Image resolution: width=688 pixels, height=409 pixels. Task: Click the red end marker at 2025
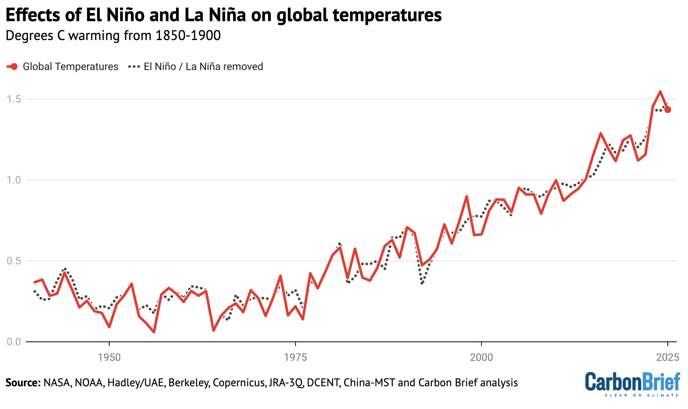(x=668, y=110)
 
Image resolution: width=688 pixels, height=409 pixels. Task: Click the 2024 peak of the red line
(x=660, y=92)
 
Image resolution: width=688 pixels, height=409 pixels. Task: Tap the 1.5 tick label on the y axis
(x=14, y=99)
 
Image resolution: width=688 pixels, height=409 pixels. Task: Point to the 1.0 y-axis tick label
(x=14, y=180)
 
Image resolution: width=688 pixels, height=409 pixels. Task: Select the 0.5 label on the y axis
(x=14, y=261)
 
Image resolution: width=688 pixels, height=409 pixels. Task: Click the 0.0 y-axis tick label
(x=14, y=342)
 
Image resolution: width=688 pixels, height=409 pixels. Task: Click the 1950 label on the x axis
(x=109, y=357)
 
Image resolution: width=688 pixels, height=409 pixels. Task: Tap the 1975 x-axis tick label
(x=295, y=357)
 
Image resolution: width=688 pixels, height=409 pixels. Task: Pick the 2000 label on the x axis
(x=482, y=357)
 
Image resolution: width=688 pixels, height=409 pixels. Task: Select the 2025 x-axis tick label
(x=668, y=357)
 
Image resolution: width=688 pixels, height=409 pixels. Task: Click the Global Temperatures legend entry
(x=70, y=67)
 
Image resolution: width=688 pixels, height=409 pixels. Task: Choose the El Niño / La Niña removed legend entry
(x=203, y=67)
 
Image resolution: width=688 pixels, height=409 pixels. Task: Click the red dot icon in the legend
(x=14, y=67)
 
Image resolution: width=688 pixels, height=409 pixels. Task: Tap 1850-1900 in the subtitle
(x=188, y=35)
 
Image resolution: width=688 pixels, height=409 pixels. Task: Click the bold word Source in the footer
(x=23, y=383)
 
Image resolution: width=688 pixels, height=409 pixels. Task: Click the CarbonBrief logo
(x=632, y=384)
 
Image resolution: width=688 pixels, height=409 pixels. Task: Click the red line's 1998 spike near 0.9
(x=466, y=196)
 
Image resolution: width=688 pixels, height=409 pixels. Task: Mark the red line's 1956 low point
(x=154, y=332)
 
